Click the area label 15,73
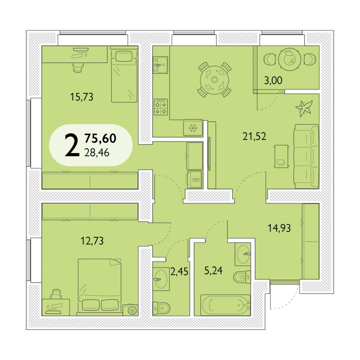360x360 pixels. click(82, 97)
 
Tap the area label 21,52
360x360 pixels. click(254, 136)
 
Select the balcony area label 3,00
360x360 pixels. click(273, 80)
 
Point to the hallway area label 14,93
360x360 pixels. click(279, 228)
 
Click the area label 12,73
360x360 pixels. click(92, 241)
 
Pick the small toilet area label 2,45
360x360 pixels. click(179, 272)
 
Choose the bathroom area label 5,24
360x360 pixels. click(213, 271)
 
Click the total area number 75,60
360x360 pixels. click(100, 138)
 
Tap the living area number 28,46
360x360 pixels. click(97, 152)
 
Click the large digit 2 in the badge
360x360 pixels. click(72, 145)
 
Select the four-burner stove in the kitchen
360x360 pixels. click(161, 107)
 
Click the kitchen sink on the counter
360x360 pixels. click(160, 65)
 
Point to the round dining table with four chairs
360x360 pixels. click(214, 80)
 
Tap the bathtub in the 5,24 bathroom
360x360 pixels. click(225, 305)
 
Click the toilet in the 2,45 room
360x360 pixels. click(161, 308)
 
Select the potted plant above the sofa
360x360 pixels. click(304, 109)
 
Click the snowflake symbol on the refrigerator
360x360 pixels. click(193, 128)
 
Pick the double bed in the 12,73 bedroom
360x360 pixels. click(100, 287)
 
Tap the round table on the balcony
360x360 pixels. click(290, 59)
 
